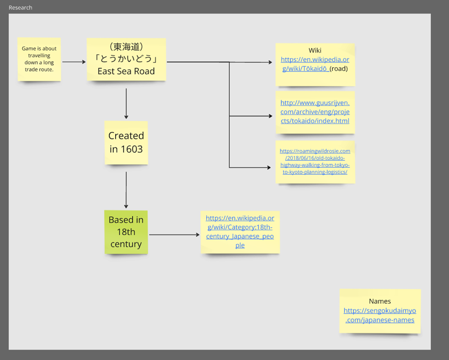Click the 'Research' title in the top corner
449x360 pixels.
(x=21, y=8)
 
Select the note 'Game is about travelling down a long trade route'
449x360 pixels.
(x=39, y=59)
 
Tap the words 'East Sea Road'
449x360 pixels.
(x=126, y=71)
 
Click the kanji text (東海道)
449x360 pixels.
(x=126, y=47)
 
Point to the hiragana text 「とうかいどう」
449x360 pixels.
(x=126, y=59)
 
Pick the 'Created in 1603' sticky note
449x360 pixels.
(x=126, y=142)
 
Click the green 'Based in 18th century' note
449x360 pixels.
(x=126, y=232)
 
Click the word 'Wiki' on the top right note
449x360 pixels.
(x=315, y=51)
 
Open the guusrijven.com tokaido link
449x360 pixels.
(x=315, y=112)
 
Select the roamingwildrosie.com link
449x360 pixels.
(x=315, y=161)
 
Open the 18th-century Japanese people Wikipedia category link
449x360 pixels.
(x=240, y=232)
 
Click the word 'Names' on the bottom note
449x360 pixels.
(x=380, y=301)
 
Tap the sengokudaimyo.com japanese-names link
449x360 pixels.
(x=380, y=315)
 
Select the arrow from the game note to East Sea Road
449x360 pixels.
(x=74, y=62)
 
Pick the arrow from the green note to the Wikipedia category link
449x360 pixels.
(x=174, y=234)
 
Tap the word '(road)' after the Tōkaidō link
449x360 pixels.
(x=339, y=69)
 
